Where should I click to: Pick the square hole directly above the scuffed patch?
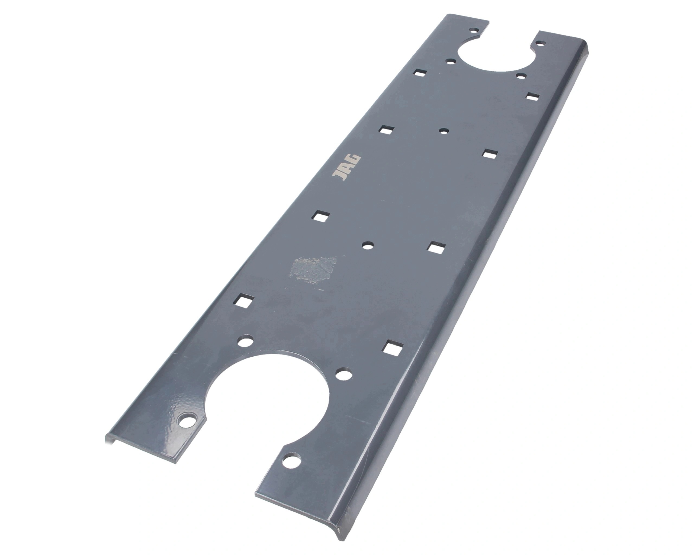tap(321, 216)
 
